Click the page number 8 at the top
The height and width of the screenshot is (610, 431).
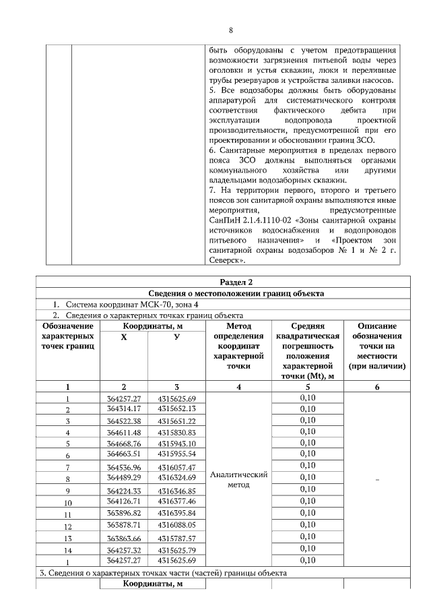click(x=231, y=30)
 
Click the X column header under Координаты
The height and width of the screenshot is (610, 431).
click(x=124, y=337)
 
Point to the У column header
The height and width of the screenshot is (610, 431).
click(x=176, y=337)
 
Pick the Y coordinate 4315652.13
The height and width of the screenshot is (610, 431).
click(x=176, y=408)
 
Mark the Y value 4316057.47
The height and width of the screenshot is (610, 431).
click(x=176, y=467)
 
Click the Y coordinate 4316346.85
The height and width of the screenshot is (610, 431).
click(x=176, y=491)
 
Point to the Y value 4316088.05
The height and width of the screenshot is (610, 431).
click(x=176, y=525)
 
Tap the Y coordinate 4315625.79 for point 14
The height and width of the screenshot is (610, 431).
click(x=176, y=550)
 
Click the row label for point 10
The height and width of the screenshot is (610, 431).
click(x=67, y=503)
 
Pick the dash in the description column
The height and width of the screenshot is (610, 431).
click(x=377, y=479)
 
